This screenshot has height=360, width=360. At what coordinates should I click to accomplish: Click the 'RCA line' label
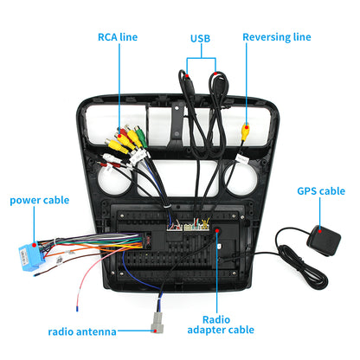tap(116, 37)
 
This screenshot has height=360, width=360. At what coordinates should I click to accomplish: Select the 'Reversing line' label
tap(276, 37)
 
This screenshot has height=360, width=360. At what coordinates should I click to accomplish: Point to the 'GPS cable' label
tap(321, 191)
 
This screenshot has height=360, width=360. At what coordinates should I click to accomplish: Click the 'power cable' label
tap(39, 200)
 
